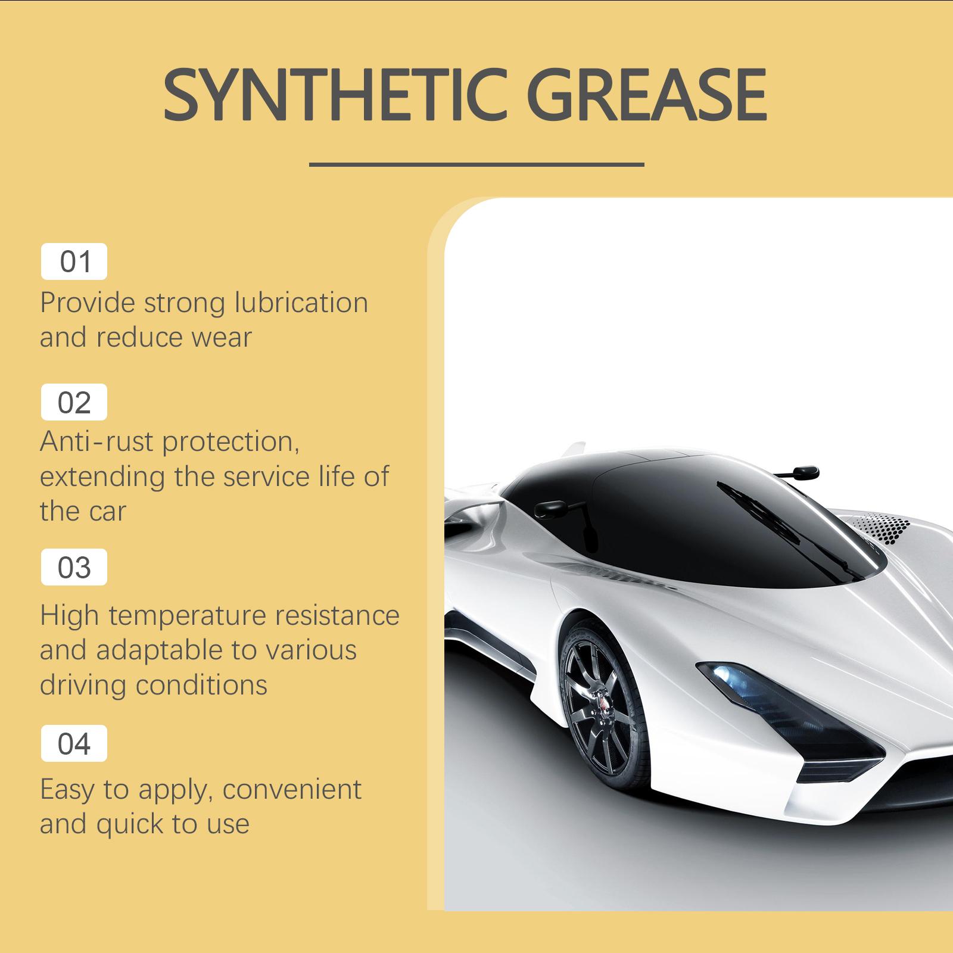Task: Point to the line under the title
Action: (476, 164)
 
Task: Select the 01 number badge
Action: (74, 261)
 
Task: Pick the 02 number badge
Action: (74, 403)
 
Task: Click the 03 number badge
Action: (74, 567)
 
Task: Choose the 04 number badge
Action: (74, 743)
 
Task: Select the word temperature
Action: (187, 615)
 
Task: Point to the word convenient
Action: (292, 790)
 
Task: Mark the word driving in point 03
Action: (83, 685)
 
